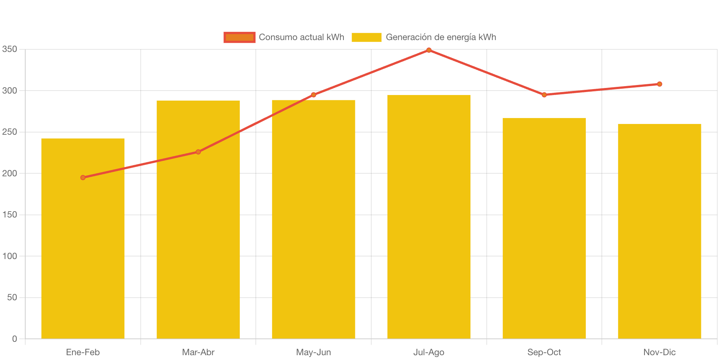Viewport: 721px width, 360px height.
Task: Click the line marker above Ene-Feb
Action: coord(83,177)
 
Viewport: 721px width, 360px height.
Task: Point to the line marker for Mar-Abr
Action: coord(198,152)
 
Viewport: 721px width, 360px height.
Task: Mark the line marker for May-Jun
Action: coord(313,95)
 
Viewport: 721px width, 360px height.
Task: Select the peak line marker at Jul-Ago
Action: coord(429,50)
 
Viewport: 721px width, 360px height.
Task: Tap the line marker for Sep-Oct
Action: coord(544,95)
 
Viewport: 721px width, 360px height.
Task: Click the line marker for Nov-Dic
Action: coord(659,84)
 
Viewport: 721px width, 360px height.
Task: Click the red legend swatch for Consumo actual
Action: coord(239,37)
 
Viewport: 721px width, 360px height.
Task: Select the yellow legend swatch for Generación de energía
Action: coord(366,37)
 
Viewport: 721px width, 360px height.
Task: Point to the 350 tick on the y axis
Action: coord(10,49)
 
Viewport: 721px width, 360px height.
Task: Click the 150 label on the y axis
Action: coord(10,215)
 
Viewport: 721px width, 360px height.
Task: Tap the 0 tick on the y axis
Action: coord(14,338)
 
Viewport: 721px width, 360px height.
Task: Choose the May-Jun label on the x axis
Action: coord(313,352)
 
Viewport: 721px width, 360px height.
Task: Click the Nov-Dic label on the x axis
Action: coord(659,352)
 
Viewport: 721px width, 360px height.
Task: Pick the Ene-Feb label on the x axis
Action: coord(83,352)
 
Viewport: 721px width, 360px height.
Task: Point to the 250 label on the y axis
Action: coord(10,132)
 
